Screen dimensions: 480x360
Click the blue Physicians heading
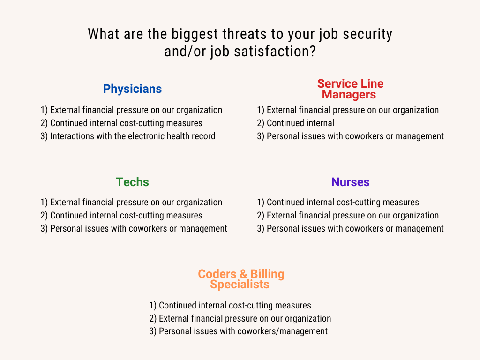pyautogui.click(x=132, y=89)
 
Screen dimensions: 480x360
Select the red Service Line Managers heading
pyautogui.click(x=350, y=89)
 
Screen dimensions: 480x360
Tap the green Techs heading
pyautogui.click(x=132, y=182)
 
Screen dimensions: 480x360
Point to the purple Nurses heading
pyautogui.click(x=350, y=182)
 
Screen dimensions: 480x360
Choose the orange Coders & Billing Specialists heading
pyautogui.click(x=241, y=279)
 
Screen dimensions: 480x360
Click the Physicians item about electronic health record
pyautogui.click(x=128, y=136)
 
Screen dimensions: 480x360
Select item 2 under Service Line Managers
pyautogui.click(x=296, y=123)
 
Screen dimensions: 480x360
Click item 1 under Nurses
pyautogui.click(x=338, y=202)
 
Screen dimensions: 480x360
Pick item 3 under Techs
pyautogui.click(x=134, y=229)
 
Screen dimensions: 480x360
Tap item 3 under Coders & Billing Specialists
pyautogui.click(x=239, y=331)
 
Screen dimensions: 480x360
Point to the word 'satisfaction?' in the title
pyautogui.click(x=275, y=52)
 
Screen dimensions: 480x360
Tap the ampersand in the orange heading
pyautogui.click(x=243, y=274)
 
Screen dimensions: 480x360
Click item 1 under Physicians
pyautogui.click(x=131, y=110)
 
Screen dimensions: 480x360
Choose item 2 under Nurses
pyautogui.click(x=348, y=216)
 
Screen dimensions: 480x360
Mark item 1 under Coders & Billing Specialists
pyautogui.click(x=230, y=306)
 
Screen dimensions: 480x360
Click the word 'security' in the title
pyautogui.click(x=367, y=34)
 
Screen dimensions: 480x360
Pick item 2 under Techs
pyautogui.click(x=121, y=216)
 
